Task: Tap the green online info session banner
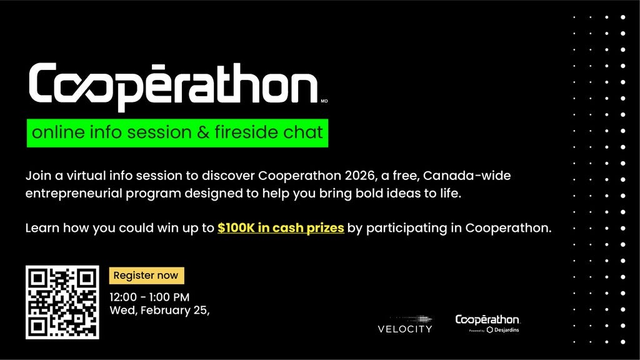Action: (177, 132)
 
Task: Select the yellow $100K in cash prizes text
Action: (281, 228)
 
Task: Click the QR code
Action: (62, 302)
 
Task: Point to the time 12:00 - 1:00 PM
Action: (149, 297)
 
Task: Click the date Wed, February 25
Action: (159, 310)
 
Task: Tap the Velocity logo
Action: (404, 324)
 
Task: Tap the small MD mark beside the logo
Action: (324, 101)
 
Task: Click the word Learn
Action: (41, 228)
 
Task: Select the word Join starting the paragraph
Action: (37, 176)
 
